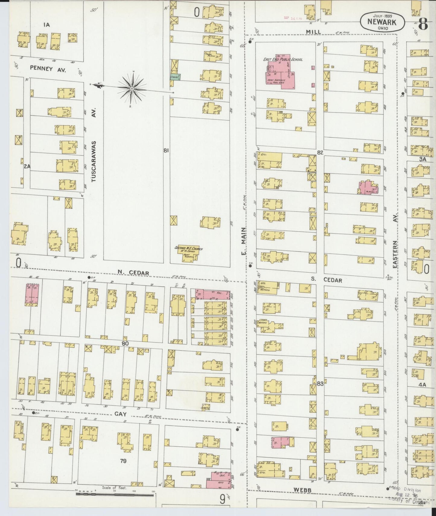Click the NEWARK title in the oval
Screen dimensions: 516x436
click(382, 22)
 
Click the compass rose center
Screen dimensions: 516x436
click(132, 88)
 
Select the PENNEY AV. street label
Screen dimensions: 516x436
click(48, 68)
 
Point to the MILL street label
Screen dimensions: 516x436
click(313, 31)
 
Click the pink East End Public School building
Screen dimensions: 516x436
click(281, 72)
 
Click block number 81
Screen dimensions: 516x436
click(166, 151)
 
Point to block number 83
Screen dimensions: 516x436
click(320, 384)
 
